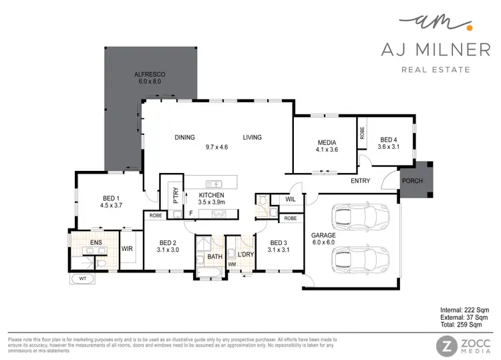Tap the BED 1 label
pyautogui.click(x=111, y=201)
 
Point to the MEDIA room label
pyautogui.click(x=328, y=145)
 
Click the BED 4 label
pyautogui.click(x=388, y=142)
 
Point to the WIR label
pyautogui.click(x=127, y=248)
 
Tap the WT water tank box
pyautogui.click(x=83, y=278)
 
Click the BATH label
pyautogui.click(x=214, y=256)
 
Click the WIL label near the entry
pyautogui.click(x=290, y=200)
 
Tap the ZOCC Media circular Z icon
pyautogui.click(x=446, y=346)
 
